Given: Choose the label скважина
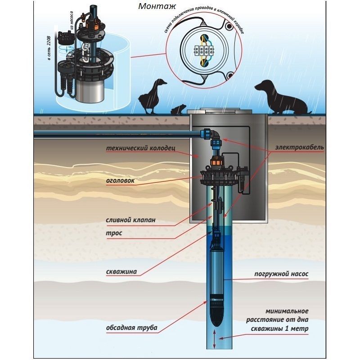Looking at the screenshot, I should pyautogui.click(x=121, y=271).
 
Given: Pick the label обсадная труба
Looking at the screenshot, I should pyautogui.click(x=131, y=328).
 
